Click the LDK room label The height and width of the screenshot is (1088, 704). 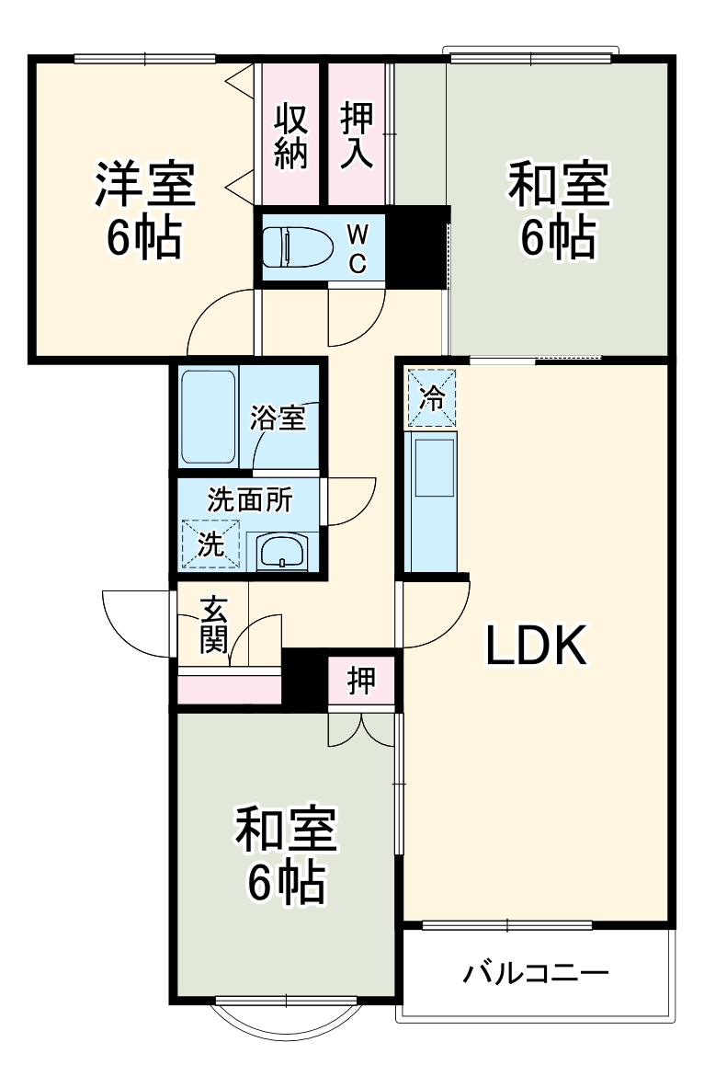[536, 647]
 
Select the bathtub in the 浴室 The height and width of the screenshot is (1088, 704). [209, 417]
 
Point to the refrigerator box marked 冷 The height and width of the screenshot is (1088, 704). [431, 398]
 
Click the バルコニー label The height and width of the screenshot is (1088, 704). [535, 972]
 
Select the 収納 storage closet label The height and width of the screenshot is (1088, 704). [290, 136]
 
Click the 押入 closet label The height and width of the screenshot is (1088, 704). [357, 136]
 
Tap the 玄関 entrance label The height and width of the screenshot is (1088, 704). [213, 625]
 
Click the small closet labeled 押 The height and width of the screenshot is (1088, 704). [361, 681]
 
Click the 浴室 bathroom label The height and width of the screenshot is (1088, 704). [278, 418]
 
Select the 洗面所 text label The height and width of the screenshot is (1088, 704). [250, 500]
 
